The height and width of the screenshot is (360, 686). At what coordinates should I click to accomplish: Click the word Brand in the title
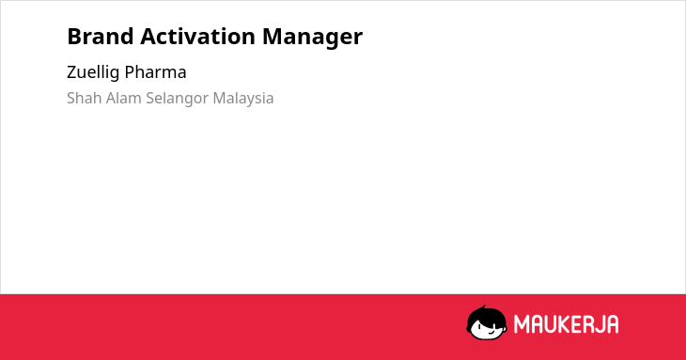101,36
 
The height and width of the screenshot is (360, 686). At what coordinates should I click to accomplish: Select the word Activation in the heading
197,36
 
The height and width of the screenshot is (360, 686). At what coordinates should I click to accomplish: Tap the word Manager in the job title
312,38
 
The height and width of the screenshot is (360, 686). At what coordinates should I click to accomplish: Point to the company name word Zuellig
93,72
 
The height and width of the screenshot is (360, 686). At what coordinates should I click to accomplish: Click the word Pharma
155,72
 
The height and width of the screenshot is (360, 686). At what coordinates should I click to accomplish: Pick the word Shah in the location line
85,98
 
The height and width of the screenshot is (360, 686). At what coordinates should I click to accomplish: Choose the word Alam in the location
124,98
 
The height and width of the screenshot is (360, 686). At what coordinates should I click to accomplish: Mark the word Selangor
178,99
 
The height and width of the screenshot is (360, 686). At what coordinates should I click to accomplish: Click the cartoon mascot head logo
487,322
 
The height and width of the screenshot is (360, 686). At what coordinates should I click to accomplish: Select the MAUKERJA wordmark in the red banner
566,324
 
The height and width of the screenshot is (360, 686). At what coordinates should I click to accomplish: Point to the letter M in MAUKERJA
522,324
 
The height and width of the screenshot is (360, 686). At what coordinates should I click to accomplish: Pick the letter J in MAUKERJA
600,324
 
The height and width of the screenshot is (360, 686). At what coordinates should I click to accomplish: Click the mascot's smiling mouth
491,331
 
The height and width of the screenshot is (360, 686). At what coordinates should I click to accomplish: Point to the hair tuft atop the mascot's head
484,307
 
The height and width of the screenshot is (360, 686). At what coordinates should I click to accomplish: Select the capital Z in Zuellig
72,72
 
